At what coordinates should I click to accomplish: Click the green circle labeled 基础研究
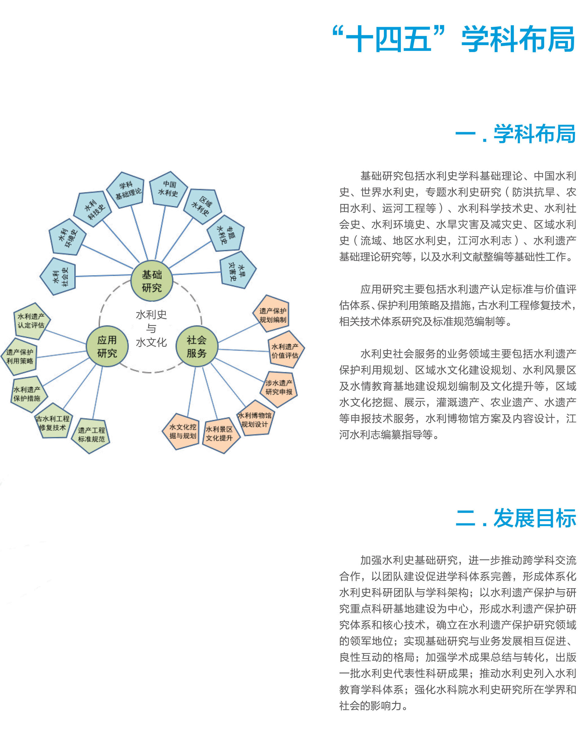(x=152, y=281)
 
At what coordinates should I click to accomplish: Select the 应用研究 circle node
(x=107, y=346)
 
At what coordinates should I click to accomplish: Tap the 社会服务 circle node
(x=197, y=346)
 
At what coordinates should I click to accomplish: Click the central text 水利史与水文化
(x=151, y=328)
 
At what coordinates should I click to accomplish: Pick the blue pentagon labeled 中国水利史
(x=169, y=189)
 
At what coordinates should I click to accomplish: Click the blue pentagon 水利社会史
(x=58, y=276)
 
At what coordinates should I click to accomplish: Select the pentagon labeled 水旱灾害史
(x=237, y=270)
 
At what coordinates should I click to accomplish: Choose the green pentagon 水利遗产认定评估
(x=31, y=321)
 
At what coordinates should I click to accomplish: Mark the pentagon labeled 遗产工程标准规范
(x=91, y=435)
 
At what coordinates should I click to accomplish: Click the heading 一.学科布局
(x=516, y=134)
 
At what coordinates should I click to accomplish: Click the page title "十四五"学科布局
(x=453, y=39)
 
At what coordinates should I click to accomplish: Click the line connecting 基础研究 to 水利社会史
(x=103, y=276)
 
